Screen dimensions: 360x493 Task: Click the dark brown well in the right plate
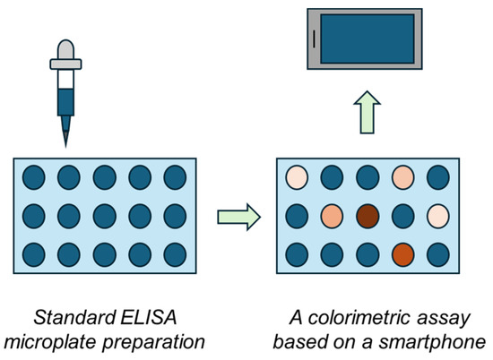(367, 217)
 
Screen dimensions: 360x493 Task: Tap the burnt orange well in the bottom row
(402, 254)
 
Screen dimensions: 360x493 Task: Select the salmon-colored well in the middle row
(332, 217)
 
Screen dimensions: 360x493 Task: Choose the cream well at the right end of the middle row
(437, 217)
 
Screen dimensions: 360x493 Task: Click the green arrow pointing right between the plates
(239, 216)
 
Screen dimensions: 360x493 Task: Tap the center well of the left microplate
(103, 217)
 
